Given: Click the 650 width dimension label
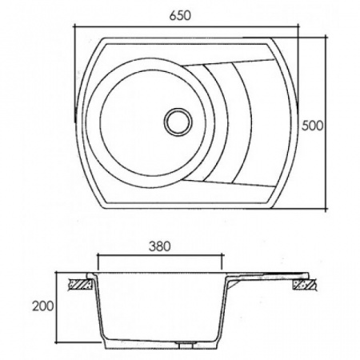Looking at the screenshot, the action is [180, 15].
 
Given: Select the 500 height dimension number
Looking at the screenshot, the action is [312, 126].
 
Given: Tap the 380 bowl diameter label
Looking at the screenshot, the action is [159, 246].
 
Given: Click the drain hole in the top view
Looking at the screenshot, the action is [178, 122].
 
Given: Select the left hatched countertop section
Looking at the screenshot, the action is [80, 284].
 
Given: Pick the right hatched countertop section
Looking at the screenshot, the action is [306, 285].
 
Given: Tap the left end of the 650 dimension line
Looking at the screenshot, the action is [74, 26].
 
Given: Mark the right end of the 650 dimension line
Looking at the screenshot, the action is [298, 26].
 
